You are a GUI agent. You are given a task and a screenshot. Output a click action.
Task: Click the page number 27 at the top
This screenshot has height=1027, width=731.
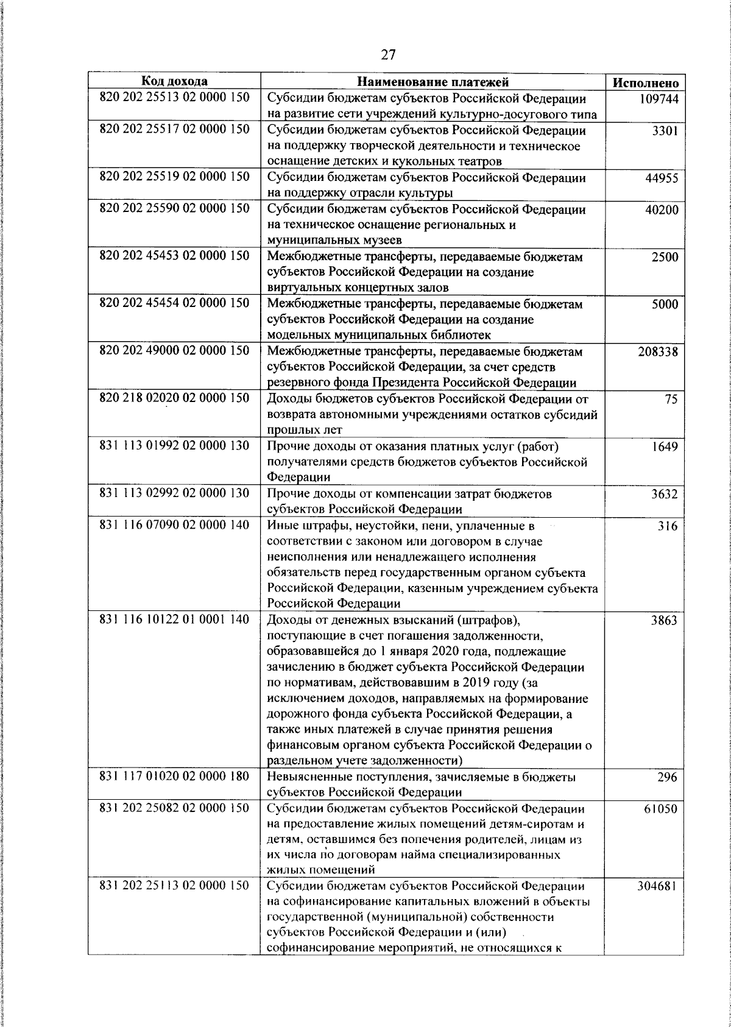point(388,55)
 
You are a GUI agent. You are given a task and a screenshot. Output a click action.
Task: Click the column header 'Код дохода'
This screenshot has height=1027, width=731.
point(174,81)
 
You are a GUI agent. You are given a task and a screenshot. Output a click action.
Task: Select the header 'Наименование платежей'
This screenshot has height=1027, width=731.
point(433,82)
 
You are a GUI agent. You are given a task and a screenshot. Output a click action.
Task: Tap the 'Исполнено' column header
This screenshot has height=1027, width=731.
point(645,83)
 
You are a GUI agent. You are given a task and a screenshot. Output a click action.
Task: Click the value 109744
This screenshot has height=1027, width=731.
point(659,99)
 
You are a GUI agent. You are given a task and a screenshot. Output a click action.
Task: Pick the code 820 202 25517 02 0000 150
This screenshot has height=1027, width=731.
point(174,129)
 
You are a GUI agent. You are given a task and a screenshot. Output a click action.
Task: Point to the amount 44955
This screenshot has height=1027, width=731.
point(662,178)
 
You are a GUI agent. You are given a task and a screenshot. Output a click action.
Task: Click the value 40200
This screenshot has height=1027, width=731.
point(662,210)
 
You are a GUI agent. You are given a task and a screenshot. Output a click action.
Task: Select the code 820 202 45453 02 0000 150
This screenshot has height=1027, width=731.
point(174,255)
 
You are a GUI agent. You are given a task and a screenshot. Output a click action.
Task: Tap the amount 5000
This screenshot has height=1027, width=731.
point(665,305)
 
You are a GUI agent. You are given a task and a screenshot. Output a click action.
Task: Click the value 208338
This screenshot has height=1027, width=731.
point(658,352)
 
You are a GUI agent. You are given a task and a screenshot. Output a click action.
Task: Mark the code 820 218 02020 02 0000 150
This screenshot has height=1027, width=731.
point(174,398)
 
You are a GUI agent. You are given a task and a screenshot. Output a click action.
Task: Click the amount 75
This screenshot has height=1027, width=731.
point(671,400)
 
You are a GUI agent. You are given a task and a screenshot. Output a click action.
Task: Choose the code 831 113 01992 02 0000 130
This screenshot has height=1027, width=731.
point(174,445)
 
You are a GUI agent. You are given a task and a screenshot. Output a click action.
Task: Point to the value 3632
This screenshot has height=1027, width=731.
point(665,494)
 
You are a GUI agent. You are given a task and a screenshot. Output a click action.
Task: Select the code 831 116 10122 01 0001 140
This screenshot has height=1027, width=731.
point(174,619)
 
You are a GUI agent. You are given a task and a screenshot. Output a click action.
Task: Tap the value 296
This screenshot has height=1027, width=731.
point(668,777)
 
